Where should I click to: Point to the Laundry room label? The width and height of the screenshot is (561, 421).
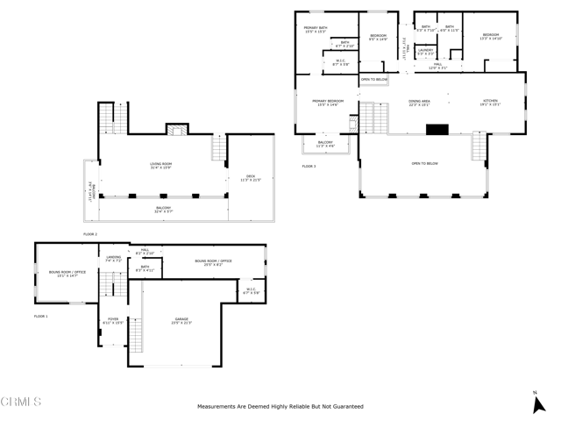[426, 53]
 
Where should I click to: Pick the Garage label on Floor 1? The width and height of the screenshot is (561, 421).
[181, 321]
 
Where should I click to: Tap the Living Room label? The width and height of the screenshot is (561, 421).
[160, 166]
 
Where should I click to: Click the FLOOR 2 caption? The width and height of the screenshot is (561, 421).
[90, 234]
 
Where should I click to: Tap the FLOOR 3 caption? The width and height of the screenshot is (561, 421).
[309, 166]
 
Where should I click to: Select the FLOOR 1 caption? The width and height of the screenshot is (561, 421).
[41, 316]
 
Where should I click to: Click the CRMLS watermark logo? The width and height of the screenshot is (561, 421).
[21, 403]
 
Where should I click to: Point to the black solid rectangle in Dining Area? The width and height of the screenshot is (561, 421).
[437, 129]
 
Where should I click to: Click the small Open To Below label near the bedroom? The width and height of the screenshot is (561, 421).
[373, 80]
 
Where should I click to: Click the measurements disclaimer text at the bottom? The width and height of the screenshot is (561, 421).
[280, 407]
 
